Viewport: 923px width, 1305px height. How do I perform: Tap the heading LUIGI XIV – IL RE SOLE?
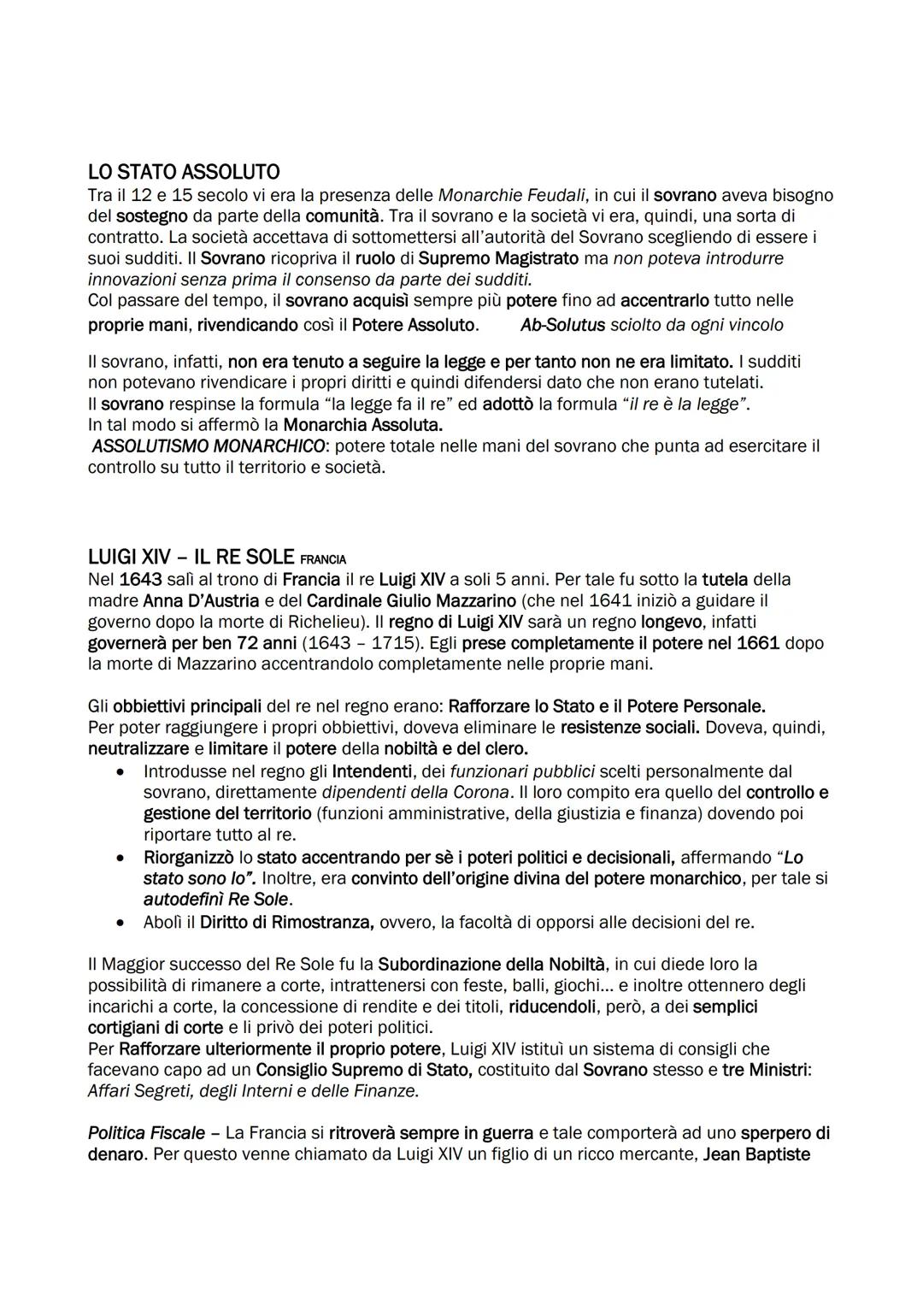pyautogui.click(x=191, y=556)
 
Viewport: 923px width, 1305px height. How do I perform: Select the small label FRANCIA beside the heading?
pyautogui.click(x=323, y=559)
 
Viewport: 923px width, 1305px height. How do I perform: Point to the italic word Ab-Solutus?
pyautogui.click(x=562, y=325)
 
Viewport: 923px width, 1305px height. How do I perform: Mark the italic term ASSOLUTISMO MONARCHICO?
pyautogui.click(x=209, y=446)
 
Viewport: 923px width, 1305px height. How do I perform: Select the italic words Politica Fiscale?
pyautogui.click(x=146, y=1133)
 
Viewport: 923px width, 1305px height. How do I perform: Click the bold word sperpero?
pyautogui.click(x=775, y=1133)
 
